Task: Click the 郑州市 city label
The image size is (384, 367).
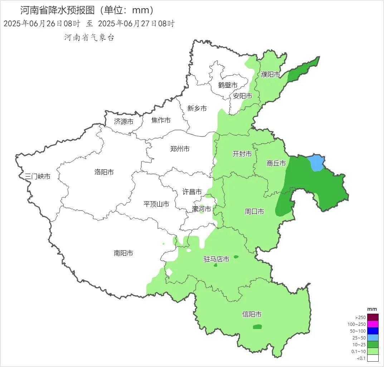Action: point(180,149)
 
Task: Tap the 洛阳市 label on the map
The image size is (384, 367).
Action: point(104,172)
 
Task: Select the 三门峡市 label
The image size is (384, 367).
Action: point(38,176)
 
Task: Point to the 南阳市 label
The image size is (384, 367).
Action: point(123,253)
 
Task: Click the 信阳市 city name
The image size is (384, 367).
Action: point(252,314)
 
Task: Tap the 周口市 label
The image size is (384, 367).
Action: point(254,212)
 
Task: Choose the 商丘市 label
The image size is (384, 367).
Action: point(276,163)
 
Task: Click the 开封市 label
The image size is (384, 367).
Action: point(242,154)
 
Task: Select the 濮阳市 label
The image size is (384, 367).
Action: point(271,74)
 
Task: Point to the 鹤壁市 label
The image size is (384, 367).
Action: point(228,85)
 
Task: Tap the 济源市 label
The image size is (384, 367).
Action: point(123,122)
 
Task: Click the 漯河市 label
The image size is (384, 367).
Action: point(201,209)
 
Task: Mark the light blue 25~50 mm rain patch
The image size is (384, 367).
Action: point(316,163)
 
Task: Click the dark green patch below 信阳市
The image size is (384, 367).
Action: point(257,327)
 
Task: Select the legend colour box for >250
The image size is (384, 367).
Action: point(373,317)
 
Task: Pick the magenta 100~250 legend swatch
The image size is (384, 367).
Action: point(373,324)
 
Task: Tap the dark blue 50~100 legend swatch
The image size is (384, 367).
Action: point(373,331)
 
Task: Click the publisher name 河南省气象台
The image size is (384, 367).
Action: point(89,38)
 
